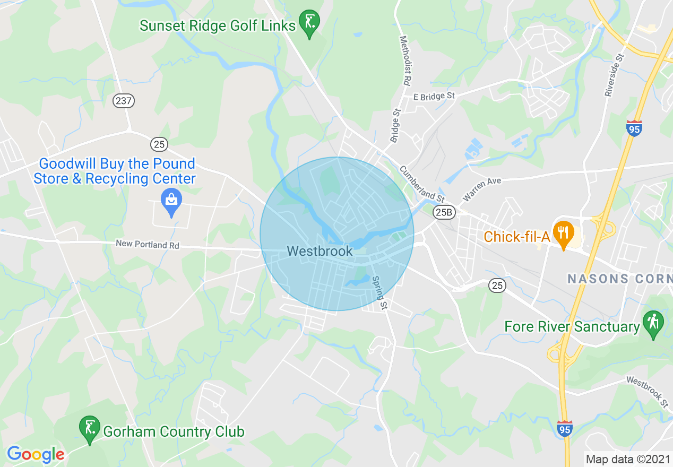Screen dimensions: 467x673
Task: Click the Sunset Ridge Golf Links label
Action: [x=218, y=25]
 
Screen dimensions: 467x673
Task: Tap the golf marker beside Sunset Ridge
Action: [x=309, y=22]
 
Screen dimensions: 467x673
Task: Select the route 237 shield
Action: [x=124, y=101]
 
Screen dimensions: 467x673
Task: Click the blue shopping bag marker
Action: [x=171, y=202]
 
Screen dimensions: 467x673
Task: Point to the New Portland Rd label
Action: [x=148, y=245]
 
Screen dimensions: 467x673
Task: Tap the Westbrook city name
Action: [x=320, y=250]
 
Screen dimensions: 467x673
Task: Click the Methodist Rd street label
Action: [x=405, y=61]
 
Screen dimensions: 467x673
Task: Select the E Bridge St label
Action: [x=434, y=96]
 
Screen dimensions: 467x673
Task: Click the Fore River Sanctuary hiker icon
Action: [x=653, y=323]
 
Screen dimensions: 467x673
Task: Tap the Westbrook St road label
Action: [x=647, y=392]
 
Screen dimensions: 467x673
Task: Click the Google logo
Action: [x=36, y=454]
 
